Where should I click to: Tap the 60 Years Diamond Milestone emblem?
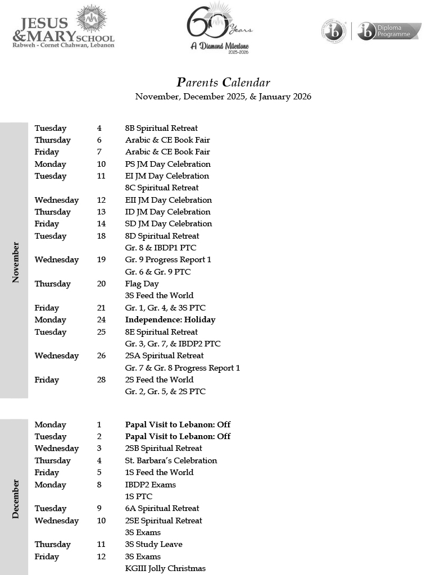219,28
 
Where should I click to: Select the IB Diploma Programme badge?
371,31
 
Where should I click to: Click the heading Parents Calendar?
223,83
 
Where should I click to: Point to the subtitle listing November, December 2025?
223,97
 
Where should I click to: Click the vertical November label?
15,262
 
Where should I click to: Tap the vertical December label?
15,499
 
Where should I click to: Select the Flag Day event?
142,284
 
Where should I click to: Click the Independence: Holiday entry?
170,320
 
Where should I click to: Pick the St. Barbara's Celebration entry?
171,460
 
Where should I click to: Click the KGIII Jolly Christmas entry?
165,568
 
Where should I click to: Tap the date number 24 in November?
101,320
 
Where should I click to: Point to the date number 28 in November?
101,380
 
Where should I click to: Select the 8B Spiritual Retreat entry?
161,128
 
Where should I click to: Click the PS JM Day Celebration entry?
167,164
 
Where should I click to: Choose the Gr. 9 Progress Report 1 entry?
168,259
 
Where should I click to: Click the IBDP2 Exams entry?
150,485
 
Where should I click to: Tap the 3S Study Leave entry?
153,544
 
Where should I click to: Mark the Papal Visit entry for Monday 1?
178,425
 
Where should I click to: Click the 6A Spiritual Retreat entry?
162,508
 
